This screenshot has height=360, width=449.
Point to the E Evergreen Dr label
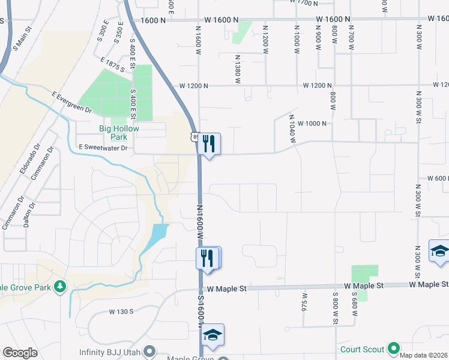click(x=71, y=103)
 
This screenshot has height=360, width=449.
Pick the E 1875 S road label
click(x=112, y=65)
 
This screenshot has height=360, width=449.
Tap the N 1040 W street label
click(x=292, y=128)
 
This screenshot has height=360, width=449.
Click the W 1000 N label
click(x=315, y=123)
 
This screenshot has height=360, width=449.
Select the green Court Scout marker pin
click(x=394, y=348)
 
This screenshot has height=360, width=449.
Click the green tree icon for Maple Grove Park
click(x=59, y=287)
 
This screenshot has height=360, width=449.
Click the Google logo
click(x=20, y=353)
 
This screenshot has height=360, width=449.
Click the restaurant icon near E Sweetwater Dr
click(x=209, y=143)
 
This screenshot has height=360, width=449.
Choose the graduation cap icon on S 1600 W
click(x=212, y=335)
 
